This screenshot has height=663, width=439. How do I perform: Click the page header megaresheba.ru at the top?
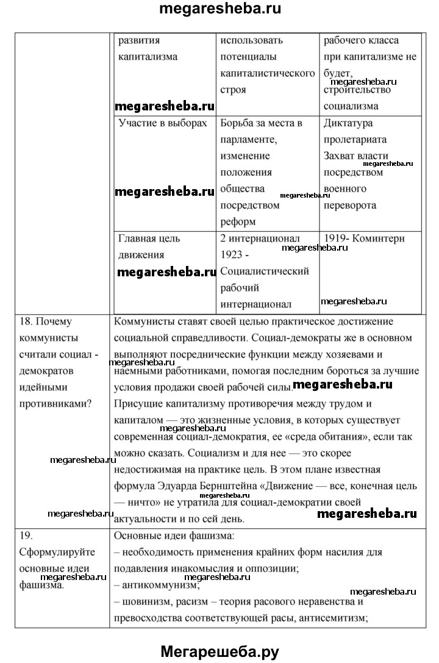(x=220, y=10)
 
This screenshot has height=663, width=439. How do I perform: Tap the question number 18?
(x=23, y=321)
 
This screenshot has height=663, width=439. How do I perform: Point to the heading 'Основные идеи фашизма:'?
(x=174, y=536)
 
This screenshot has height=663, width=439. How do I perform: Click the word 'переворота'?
(x=350, y=206)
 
